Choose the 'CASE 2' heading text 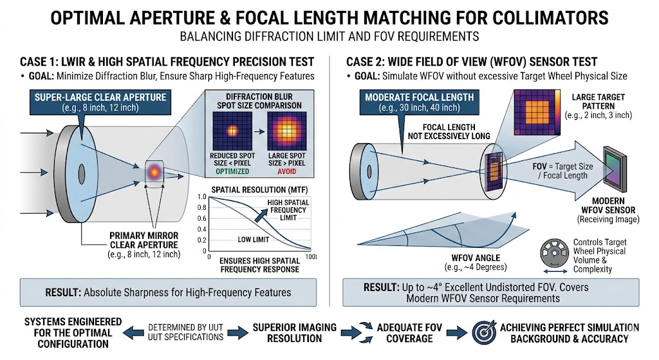pos(472,62)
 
